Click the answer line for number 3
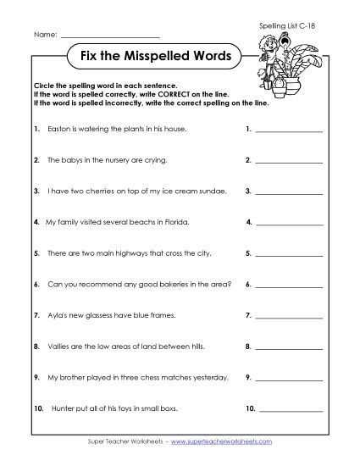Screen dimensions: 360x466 289,194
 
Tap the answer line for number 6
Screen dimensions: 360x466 289,286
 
